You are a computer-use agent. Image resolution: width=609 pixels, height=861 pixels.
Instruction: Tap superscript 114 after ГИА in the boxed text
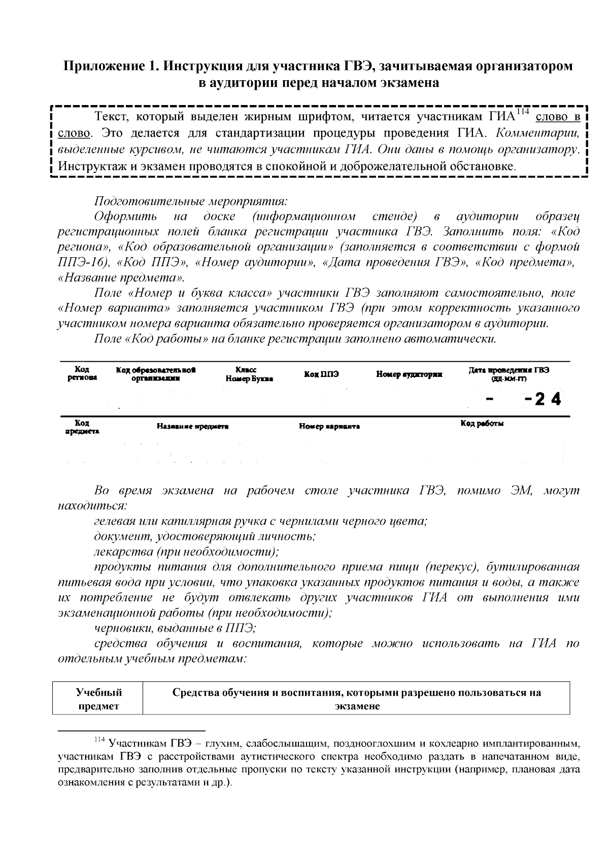pyautogui.click(x=523, y=112)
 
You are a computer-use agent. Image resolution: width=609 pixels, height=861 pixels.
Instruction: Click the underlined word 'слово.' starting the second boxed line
pyautogui.click(x=75, y=134)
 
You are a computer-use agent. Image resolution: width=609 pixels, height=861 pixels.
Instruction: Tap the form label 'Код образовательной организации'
pyautogui.click(x=156, y=374)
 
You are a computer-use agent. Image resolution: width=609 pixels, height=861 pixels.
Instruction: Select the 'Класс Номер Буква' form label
pyautogui.click(x=249, y=374)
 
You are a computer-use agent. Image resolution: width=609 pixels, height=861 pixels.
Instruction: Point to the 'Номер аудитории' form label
pyautogui.click(x=409, y=374)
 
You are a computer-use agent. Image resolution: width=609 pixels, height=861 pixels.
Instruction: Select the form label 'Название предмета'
pyautogui.click(x=192, y=427)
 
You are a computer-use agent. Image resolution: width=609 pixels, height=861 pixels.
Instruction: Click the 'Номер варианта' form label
pyautogui.click(x=329, y=427)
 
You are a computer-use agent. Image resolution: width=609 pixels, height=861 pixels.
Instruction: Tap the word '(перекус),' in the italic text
pyautogui.click(x=450, y=567)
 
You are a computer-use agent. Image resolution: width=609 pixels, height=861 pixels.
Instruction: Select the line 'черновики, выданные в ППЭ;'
pyautogui.click(x=175, y=628)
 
